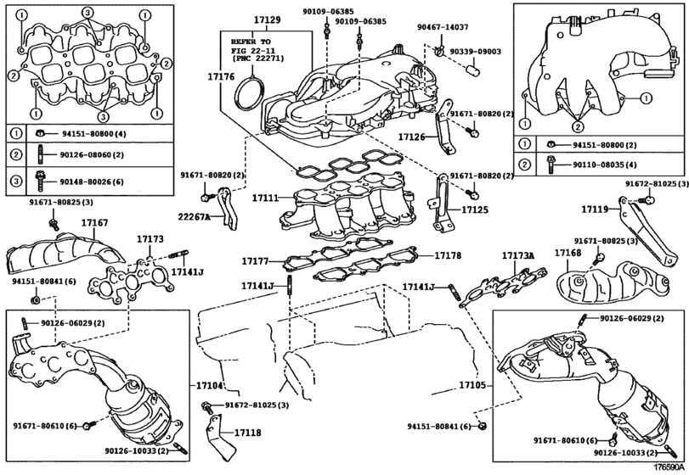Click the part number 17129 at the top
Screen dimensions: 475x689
[267, 19]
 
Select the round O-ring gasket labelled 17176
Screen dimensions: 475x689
[249, 94]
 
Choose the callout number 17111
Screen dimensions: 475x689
[264, 197]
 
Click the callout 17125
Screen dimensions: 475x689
[476, 209]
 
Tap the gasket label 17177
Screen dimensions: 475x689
[255, 260]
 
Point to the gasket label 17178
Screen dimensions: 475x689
[449, 254]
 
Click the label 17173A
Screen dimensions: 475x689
[517, 254]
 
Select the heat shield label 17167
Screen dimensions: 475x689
[94, 223]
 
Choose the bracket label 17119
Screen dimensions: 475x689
[595, 208]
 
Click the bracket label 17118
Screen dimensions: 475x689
[247, 433]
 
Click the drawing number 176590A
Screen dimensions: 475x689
[669, 467]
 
